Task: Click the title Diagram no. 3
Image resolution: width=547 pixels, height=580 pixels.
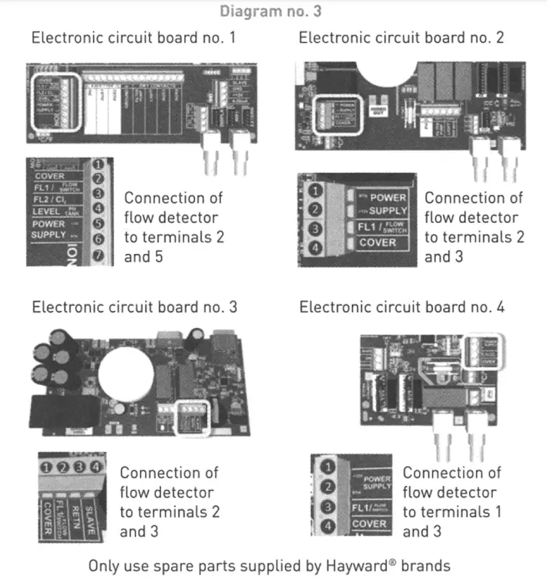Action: [268, 12]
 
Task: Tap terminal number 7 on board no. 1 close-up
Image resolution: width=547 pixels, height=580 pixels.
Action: [99, 255]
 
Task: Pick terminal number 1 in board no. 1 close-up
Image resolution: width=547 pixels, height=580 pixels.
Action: [99, 164]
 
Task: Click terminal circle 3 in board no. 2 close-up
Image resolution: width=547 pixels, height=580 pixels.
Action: [315, 228]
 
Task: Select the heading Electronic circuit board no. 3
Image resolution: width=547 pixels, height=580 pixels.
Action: [134, 307]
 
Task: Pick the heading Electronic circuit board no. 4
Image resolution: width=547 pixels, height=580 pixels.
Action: [402, 307]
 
